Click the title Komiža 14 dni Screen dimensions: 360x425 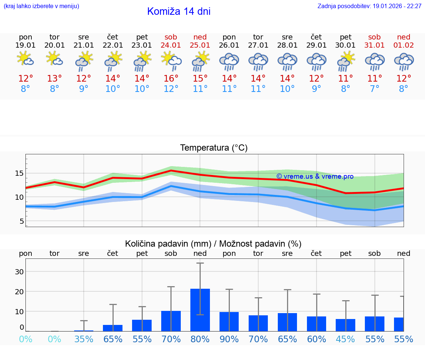coord(179,11)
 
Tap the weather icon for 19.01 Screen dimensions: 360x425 coord(25,59)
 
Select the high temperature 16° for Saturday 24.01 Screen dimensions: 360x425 coord(171,79)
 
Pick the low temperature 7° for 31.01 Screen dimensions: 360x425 coord(374,89)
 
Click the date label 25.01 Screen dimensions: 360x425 coord(200,45)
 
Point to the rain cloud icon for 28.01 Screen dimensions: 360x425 coord(287,62)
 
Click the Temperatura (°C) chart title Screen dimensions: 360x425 coord(214,148)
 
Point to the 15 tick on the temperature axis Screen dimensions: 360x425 coord(20,173)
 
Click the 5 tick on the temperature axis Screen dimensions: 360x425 coord(22,221)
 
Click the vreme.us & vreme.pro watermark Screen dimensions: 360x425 coord(315,176)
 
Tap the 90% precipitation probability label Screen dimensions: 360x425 coord(229,339)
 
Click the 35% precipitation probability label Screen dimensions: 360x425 coord(84,339)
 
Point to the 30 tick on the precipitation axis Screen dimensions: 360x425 coord(19,272)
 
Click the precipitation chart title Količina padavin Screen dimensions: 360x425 coord(213,244)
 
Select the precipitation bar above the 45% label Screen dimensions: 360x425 coord(345,325)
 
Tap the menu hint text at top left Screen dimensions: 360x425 coord(41,6)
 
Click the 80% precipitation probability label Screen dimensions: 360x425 coord(200,339)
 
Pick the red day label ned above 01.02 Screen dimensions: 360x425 coord(404,37)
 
